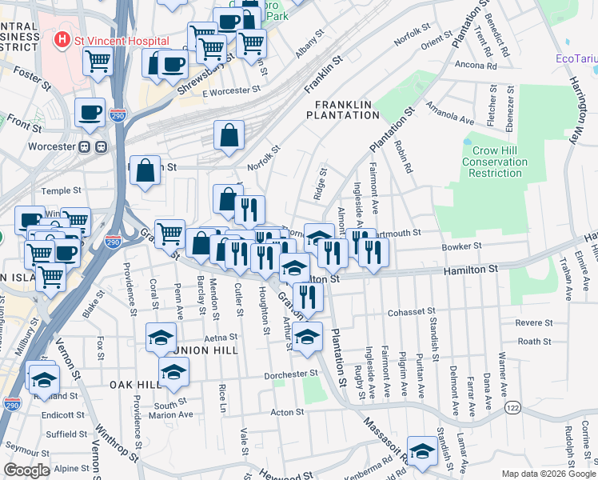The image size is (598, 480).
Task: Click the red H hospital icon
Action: tap(61, 39)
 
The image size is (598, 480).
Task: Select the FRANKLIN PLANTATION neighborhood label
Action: tap(346, 110)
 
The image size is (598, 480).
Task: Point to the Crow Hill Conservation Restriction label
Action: tap(496, 162)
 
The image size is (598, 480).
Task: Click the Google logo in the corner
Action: tap(27, 470)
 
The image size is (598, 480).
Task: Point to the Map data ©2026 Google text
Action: tap(548, 474)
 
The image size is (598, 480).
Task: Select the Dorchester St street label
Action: tap(292, 374)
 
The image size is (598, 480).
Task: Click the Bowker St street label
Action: tap(462, 246)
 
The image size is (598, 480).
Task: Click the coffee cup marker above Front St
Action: tap(90, 112)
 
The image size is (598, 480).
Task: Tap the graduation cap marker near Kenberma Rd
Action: tap(422, 450)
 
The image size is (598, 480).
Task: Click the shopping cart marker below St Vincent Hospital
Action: tap(98, 60)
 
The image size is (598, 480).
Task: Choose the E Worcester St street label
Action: tap(232, 93)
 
